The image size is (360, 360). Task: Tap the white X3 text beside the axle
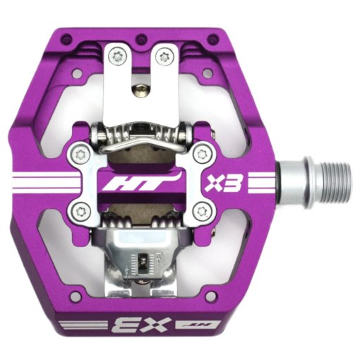(224, 183)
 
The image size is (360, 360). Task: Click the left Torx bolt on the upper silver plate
(117, 56)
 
